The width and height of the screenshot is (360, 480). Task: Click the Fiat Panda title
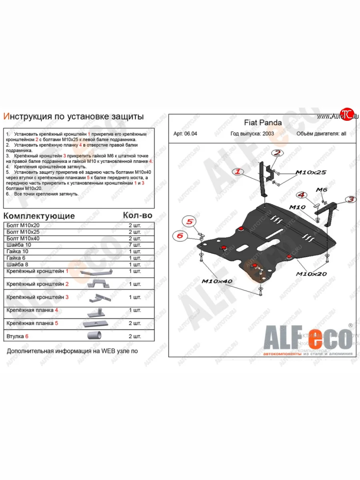[263, 123]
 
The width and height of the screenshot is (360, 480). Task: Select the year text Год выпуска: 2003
[252, 134]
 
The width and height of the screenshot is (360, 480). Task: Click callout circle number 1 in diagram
[238, 172]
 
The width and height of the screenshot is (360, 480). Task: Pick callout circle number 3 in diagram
[350, 199]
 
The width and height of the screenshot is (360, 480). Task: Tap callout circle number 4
[302, 195]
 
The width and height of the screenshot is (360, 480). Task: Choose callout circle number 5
[190, 221]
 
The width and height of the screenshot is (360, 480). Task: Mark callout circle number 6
[180, 236]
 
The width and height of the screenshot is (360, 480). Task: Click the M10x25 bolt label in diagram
[310, 172]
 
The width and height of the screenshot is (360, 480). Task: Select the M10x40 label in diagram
[216, 281]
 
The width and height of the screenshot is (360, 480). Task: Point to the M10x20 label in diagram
[311, 274]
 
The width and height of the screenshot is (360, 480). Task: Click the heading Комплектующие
[39, 216]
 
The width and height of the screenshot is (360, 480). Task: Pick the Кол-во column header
[137, 215]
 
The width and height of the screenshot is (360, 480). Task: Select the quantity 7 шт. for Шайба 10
[135, 245]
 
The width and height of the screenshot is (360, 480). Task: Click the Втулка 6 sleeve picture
[94, 335]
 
